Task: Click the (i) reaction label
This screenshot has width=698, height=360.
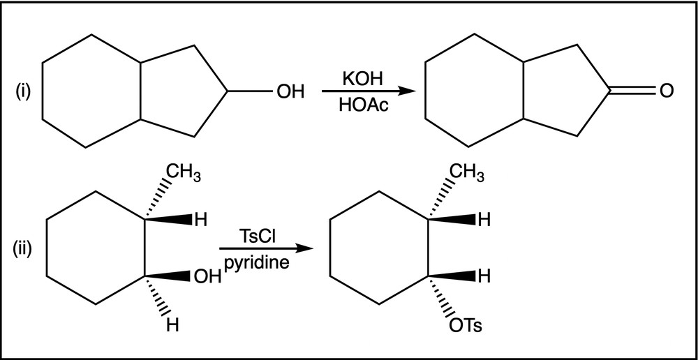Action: point(22,92)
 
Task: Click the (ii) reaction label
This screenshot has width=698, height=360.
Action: point(22,249)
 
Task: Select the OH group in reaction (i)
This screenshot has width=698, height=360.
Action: point(290,91)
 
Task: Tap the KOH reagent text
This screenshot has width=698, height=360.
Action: point(362,80)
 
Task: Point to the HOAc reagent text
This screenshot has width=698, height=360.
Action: point(363,105)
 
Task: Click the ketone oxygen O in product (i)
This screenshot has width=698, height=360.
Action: point(667,91)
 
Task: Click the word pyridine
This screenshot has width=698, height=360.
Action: point(256,264)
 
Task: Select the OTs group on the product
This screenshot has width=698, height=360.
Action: point(465,327)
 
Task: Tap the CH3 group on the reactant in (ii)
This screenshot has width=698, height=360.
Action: point(184,174)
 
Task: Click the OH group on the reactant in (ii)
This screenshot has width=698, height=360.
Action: point(207,277)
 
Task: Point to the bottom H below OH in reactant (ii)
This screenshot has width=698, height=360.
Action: point(172,327)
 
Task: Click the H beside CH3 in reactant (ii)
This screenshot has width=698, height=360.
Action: point(201,220)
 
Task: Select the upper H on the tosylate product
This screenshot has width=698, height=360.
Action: point(484,219)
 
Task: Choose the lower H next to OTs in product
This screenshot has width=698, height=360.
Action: point(484,276)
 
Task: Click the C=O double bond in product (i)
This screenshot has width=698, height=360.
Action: point(633,91)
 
